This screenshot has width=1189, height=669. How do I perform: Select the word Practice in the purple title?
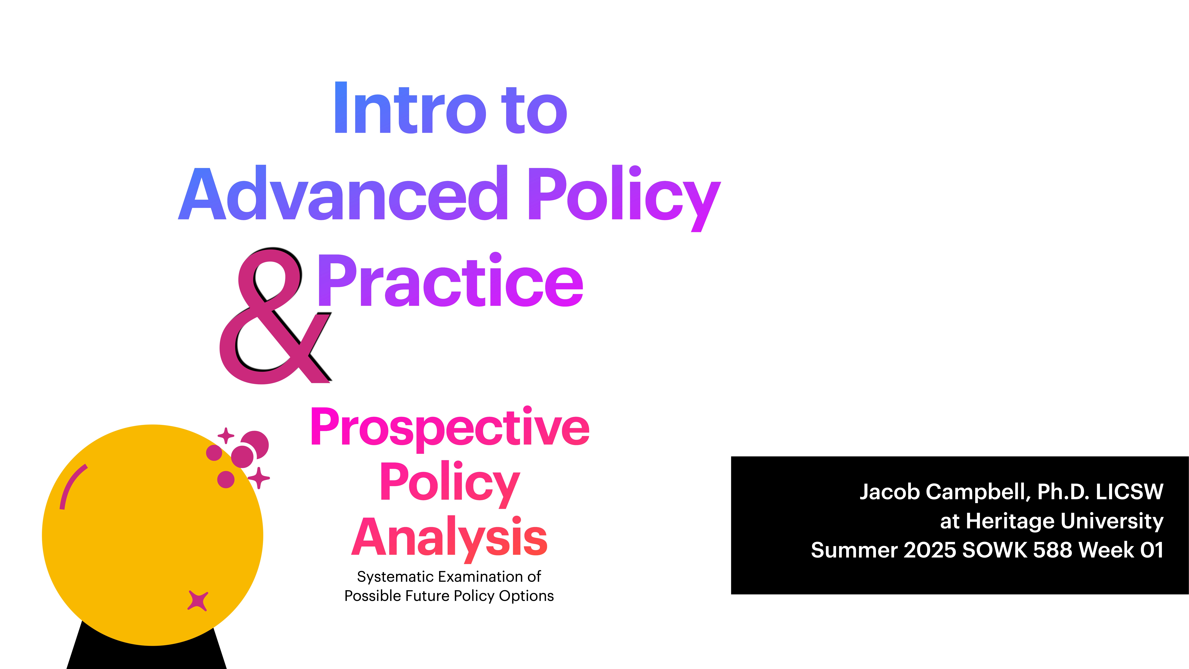point(450,282)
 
